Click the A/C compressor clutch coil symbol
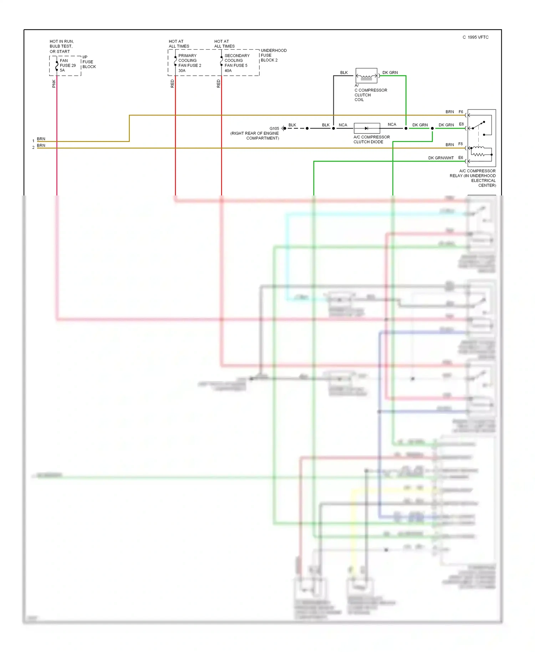click(x=366, y=76)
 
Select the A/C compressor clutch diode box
click(x=367, y=128)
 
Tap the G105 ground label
click(x=274, y=128)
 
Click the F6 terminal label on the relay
click(x=461, y=112)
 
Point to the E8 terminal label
click(x=461, y=124)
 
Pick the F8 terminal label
click(x=460, y=144)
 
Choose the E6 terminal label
click(x=460, y=158)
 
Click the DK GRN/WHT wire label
click(x=441, y=158)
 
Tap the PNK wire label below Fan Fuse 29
click(x=54, y=83)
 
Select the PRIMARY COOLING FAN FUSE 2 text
click(x=189, y=63)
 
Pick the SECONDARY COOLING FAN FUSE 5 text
click(x=236, y=63)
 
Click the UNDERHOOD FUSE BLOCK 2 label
click(x=273, y=55)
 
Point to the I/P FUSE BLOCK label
click(x=89, y=62)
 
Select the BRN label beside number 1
click(x=41, y=139)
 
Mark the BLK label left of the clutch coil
click(x=344, y=73)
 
